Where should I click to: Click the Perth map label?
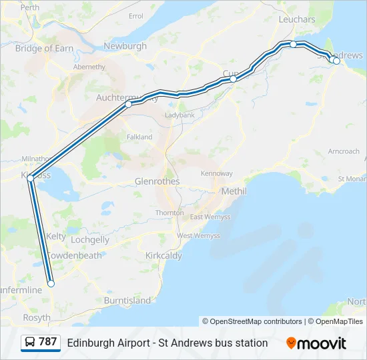pos(30,7)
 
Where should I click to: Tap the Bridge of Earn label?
pos(44,49)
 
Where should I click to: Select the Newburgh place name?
pos(125,46)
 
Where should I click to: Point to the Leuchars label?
pos(296,20)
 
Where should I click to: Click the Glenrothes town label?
pos(157,181)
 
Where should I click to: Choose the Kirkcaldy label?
pos(163,255)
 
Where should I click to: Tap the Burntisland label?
pos(127,301)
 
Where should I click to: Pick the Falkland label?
pos(139,137)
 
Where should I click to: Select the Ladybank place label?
pos(179,115)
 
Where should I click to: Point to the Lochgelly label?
pos(89,239)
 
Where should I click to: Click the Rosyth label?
pos(36,318)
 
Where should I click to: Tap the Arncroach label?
pos(344,151)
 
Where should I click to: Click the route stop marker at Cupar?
pos(234,79)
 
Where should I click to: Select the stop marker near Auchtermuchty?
pos(128,104)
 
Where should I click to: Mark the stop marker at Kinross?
pos(30,179)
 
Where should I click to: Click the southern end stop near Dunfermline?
pos(51,284)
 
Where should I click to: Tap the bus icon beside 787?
pos(30,343)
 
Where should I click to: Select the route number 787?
pos(48,342)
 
